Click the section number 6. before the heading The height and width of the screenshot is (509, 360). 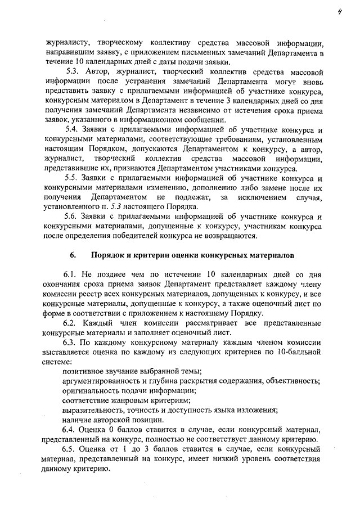73,255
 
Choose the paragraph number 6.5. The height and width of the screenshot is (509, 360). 70,449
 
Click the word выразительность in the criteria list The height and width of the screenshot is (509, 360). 93,410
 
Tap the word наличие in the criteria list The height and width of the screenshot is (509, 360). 77,420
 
